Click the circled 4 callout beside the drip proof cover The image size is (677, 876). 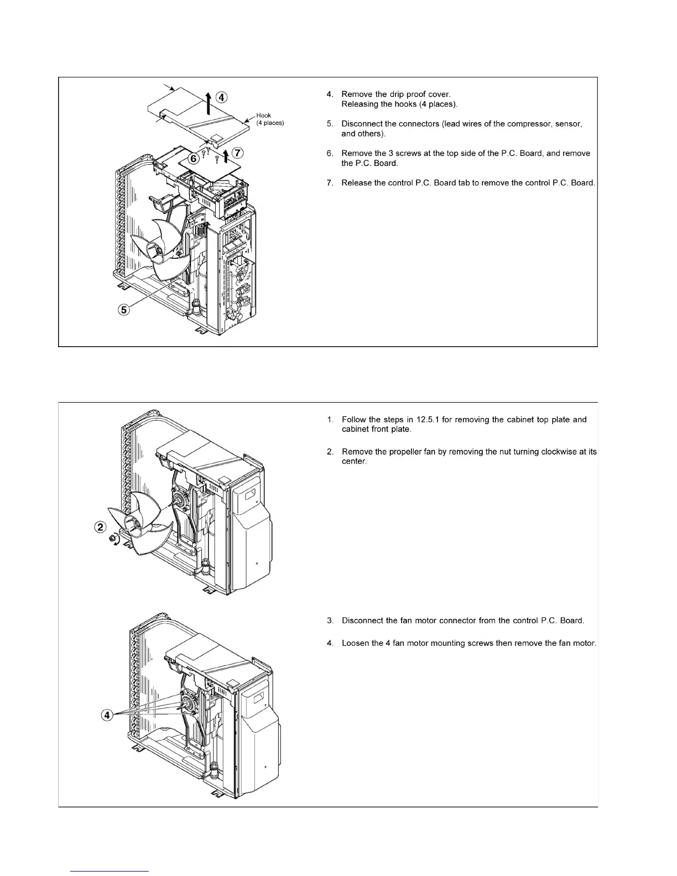221,98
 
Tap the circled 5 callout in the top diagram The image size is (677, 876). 125,310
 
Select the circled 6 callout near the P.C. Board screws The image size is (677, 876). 194,158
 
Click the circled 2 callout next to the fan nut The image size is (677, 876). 100,526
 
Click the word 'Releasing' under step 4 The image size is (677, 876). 360,104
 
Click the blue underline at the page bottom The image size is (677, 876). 110,871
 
